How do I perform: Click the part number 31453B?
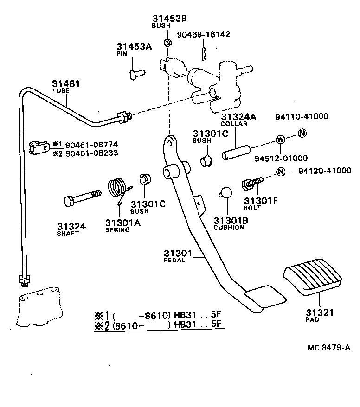click(x=169, y=19)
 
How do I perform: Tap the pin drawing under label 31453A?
click(x=137, y=72)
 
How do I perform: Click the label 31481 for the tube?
click(x=65, y=84)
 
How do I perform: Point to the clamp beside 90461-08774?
click(x=39, y=147)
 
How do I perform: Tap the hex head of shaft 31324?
click(x=68, y=202)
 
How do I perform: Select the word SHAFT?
click(x=68, y=234)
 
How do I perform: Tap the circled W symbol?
click(x=281, y=139)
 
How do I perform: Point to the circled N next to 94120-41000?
click(x=281, y=172)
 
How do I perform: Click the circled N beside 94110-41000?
click(x=302, y=133)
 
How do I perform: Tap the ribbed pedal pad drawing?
click(x=312, y=280)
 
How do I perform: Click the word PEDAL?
click(x=174, y=260)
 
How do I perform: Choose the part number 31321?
click(x=319, y=313)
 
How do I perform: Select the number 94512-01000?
click(x=281, y=158)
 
